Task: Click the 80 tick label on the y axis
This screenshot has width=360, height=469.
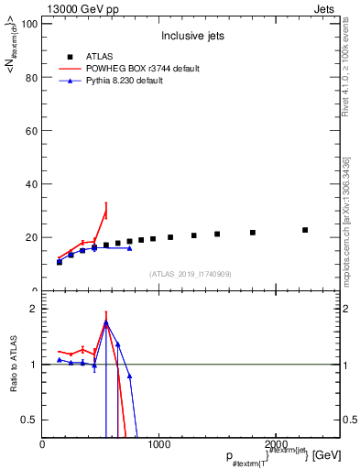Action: pos(31,77)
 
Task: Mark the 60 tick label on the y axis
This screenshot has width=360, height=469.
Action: pos(31,130)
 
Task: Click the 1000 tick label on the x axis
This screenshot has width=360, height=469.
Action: pos(158,444)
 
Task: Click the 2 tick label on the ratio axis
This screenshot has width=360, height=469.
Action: pos(34,309)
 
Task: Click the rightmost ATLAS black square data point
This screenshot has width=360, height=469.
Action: pos(305,230)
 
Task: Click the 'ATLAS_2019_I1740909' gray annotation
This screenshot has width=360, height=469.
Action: pos(190,274)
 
